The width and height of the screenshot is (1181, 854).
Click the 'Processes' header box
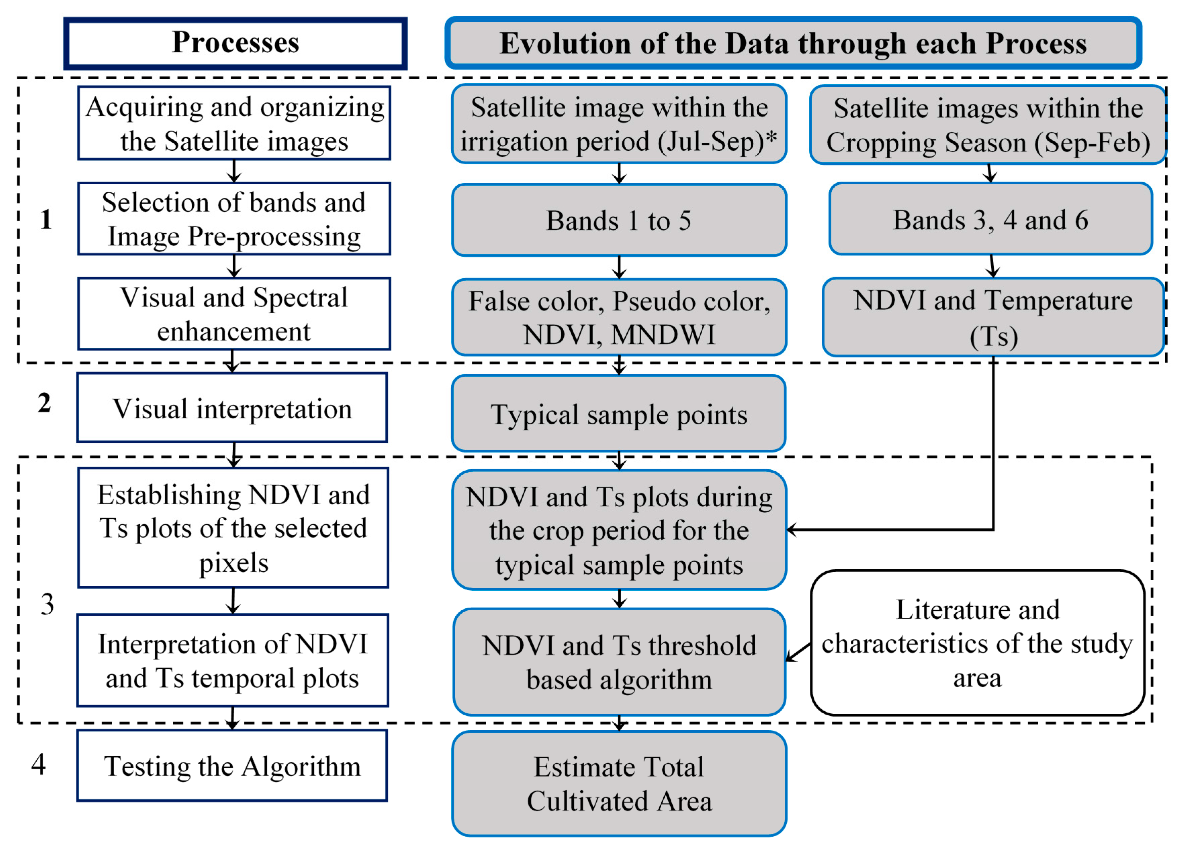pos(235,43)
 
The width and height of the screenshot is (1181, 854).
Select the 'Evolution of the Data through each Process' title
pos(793,43)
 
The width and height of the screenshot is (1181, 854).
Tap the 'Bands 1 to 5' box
pos(619,220)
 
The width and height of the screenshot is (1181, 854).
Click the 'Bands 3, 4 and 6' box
pos(990,219)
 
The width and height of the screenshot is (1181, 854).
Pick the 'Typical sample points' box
pos(619,415)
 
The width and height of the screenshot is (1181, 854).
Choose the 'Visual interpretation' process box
pos(232,408)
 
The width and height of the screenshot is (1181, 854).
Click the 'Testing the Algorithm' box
pos(232,766)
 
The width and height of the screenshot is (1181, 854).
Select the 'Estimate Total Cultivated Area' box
pos(619,784)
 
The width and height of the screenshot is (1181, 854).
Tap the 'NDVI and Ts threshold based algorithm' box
pos(619,662)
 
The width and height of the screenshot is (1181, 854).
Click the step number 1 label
pos(46,219)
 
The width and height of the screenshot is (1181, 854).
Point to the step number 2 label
pos(44,403)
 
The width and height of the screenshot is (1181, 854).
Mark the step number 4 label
pos(39,764)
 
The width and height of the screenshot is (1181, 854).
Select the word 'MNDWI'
pos(663,335)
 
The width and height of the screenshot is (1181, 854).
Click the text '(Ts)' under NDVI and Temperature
pos(994,336)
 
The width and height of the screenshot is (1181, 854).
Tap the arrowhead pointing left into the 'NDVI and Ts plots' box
pos(792,530)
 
